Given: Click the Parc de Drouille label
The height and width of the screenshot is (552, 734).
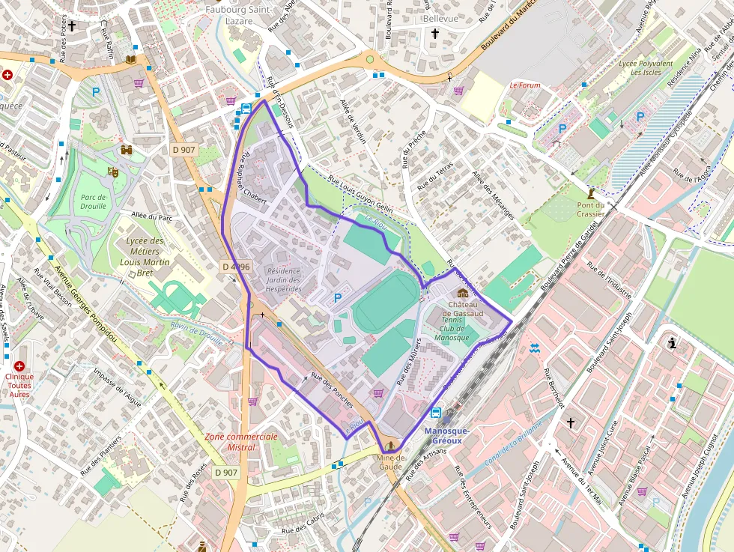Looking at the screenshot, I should pos(94,201).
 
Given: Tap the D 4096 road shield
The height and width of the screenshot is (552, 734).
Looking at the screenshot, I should pos(235,267).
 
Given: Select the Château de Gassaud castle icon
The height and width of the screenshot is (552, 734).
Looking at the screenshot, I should pos(462,293).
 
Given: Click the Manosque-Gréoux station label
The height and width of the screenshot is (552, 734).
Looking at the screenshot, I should pos(447,435).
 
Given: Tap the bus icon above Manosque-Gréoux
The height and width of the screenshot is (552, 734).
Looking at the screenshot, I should pos(437,413).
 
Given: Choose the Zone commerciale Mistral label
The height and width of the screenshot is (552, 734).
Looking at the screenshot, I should pos(240,442).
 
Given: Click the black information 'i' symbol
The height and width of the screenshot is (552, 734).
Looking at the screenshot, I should pos(673,344).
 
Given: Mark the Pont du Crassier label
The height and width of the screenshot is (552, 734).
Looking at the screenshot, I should pos(590,209).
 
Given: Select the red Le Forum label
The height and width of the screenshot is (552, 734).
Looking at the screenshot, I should pos(524,85).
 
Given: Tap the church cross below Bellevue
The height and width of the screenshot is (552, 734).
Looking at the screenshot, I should pos(434,34).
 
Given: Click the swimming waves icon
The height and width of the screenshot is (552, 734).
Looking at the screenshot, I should pos(533,348).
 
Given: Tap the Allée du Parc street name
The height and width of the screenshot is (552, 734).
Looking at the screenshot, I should pos(151,216).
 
